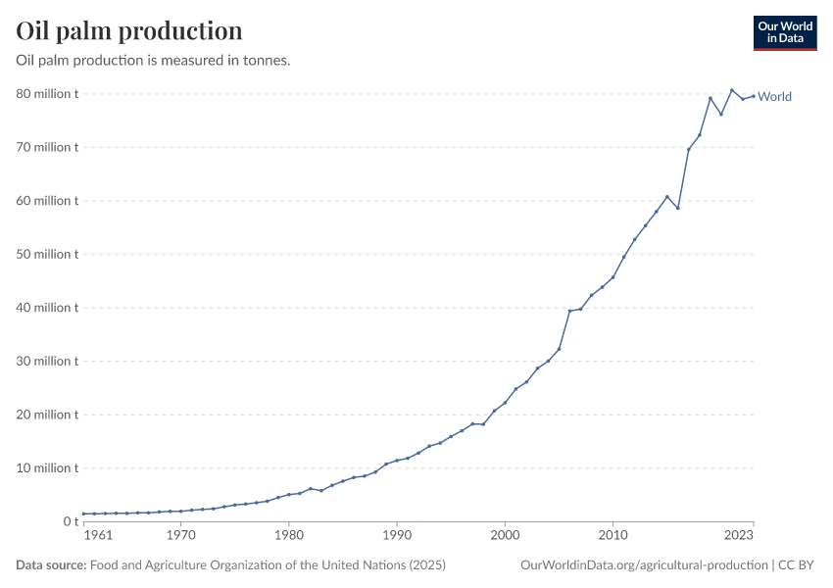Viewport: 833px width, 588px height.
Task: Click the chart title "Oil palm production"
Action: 129,31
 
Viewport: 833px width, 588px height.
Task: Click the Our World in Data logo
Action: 784,32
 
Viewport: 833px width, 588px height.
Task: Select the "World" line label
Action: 774,97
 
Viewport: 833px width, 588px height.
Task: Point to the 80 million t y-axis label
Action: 46,94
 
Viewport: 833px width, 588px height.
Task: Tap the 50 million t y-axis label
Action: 46,254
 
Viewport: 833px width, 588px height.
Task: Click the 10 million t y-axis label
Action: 46,467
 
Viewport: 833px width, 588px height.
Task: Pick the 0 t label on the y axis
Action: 67,521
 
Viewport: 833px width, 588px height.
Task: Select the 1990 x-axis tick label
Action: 397,537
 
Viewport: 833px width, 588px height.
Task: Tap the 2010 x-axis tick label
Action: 612,537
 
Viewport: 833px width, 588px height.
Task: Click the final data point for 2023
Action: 753,96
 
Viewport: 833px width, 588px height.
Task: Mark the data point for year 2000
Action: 505,403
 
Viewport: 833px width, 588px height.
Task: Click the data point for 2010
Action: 612,277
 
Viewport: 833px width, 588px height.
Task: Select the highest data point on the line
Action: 731,90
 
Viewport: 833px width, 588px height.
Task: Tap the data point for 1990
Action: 397,461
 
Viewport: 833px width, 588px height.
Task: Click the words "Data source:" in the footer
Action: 51,565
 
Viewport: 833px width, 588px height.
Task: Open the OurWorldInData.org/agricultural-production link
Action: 644,565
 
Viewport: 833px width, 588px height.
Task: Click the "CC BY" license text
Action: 797,565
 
